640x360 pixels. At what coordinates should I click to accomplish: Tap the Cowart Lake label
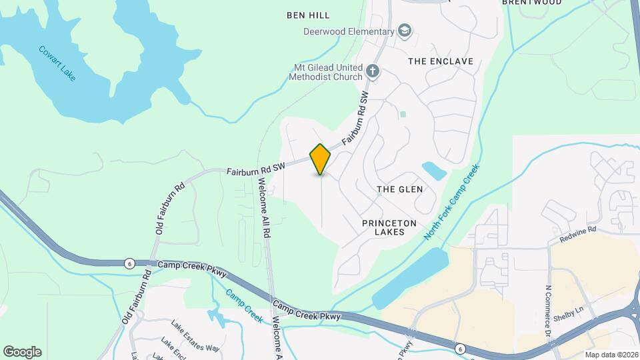(x=57, y=63)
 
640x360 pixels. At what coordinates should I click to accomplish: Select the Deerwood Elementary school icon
(x=404, y=31)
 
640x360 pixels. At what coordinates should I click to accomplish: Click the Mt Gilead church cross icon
(x=373, y=70)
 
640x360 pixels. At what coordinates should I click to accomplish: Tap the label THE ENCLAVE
(x=440, y=61)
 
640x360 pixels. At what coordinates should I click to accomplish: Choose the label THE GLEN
(x=400, y=189)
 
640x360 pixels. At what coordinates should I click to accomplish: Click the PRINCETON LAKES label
(x=383, y=227)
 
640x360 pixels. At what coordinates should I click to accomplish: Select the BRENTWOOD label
(x=531, y=3)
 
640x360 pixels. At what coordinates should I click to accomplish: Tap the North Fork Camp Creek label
(x=453, y=204)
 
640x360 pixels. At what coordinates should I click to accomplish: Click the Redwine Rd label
(x=577, y=229)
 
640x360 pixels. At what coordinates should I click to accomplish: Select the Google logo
(x=22, y=351)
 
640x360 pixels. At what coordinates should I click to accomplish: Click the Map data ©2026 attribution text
(x=610, y=354)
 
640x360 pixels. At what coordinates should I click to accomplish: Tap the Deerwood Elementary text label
(x=349, y=31)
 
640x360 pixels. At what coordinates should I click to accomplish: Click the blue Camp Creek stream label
(x=244, y=305)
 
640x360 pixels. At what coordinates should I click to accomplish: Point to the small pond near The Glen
(x=434, y=171)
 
